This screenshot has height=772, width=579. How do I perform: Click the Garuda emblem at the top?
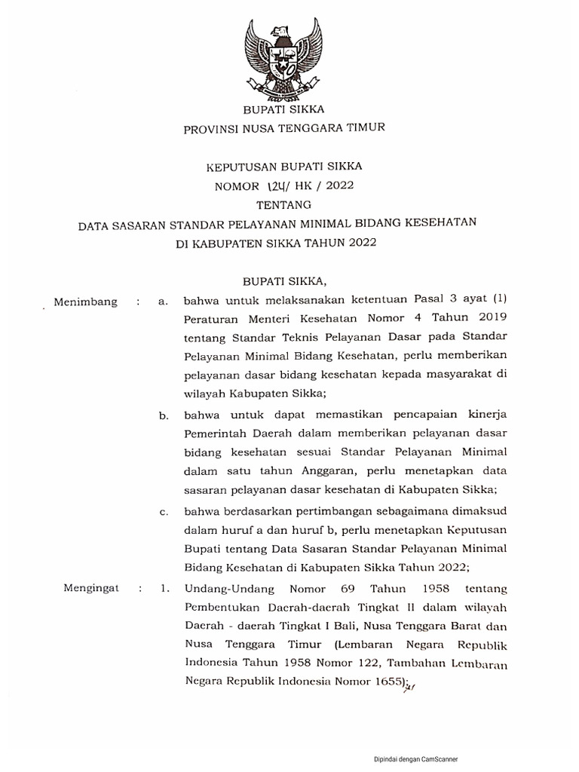(284, 60)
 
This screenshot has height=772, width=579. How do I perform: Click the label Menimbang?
(86, 302)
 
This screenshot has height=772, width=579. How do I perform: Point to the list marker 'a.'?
(162, 302)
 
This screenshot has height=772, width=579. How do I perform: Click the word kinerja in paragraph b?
(483, 415)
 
